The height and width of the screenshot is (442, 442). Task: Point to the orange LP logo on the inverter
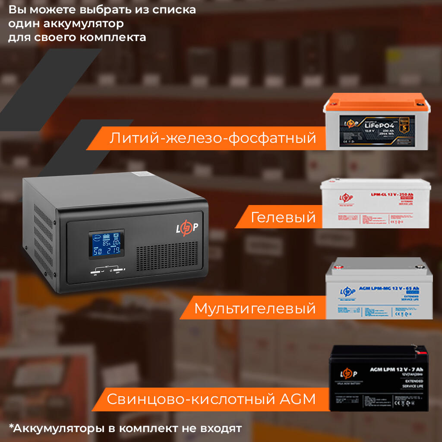pyautogui.click(x=186, y=228)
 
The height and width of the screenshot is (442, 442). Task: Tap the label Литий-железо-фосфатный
pyautogui.click(x=212, y=138)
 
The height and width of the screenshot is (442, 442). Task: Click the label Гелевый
pyautogui.click(x=283, y=217)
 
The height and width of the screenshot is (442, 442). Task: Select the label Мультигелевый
pyautogui.click(x=255, y=308)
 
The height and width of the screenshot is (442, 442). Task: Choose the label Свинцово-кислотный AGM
pyautogui.click(x=211, y=399)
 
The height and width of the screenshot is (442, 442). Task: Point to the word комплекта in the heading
pyautogui.click(x=113, y=37)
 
